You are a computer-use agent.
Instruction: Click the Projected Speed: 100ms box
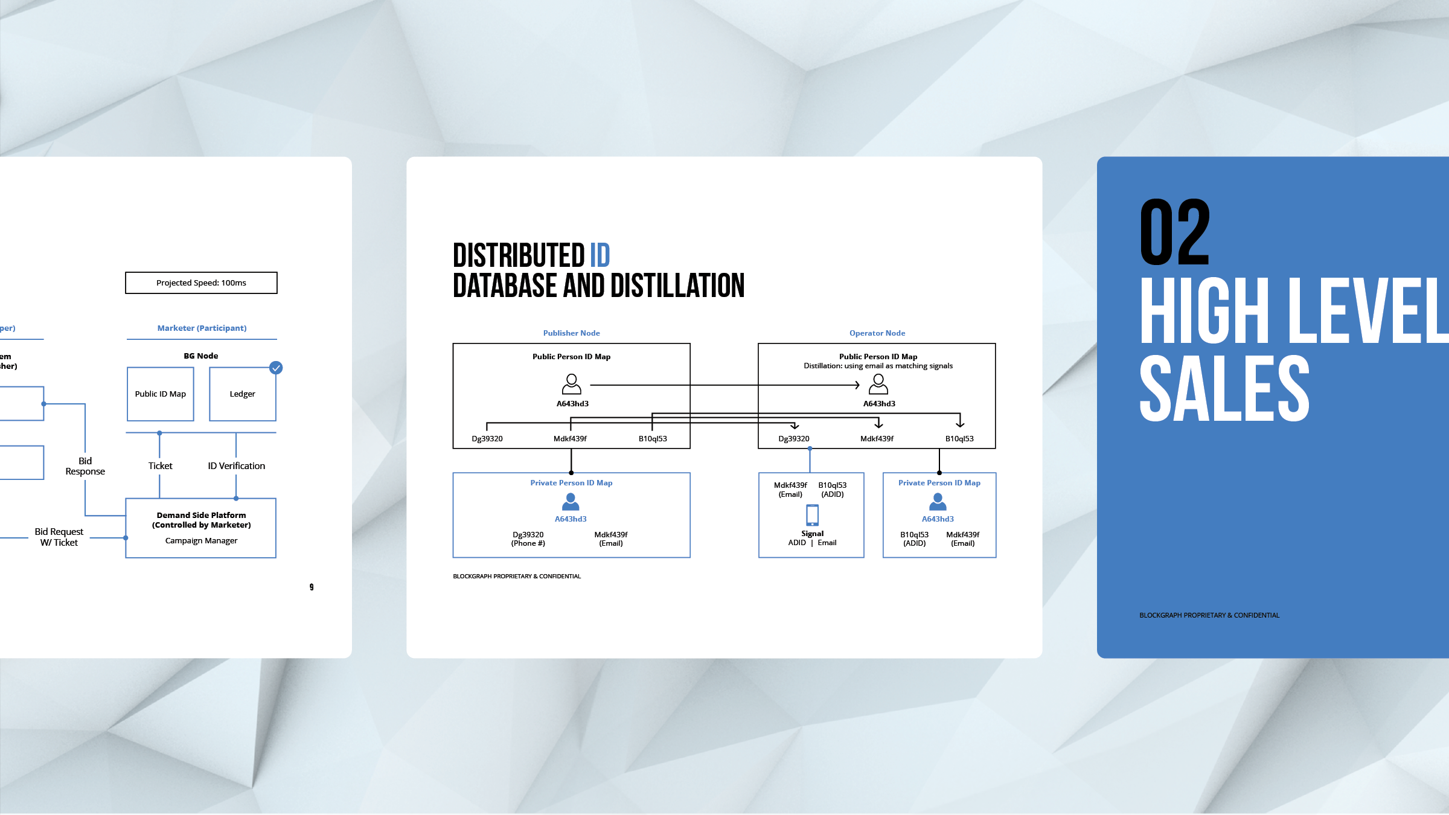[201, 283]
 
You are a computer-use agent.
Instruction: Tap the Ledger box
[242, 394]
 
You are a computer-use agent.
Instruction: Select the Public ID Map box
[160, 394]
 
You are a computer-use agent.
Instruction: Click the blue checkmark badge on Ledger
[276, 368]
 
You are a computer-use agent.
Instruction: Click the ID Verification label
[236, 466]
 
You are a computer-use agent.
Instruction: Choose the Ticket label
[160, 466]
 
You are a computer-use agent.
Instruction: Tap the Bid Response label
[85, 466]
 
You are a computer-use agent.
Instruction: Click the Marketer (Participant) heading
[202, 328]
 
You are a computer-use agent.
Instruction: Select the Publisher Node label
[571, 333]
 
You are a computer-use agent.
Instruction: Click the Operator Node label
[877, 333]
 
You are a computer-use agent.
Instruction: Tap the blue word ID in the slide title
[600, 255]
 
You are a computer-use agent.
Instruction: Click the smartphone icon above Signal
[813, 516]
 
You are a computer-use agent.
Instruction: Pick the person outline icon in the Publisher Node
[571, 384]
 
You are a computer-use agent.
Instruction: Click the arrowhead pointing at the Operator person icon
[857, 385]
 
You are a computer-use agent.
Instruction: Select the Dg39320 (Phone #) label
[528, 539]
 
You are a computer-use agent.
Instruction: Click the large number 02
[1174, 232]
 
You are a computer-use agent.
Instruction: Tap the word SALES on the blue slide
[1224, 388]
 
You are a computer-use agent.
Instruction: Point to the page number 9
[312, 587]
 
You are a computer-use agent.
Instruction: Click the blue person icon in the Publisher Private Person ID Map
[571, 502]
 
